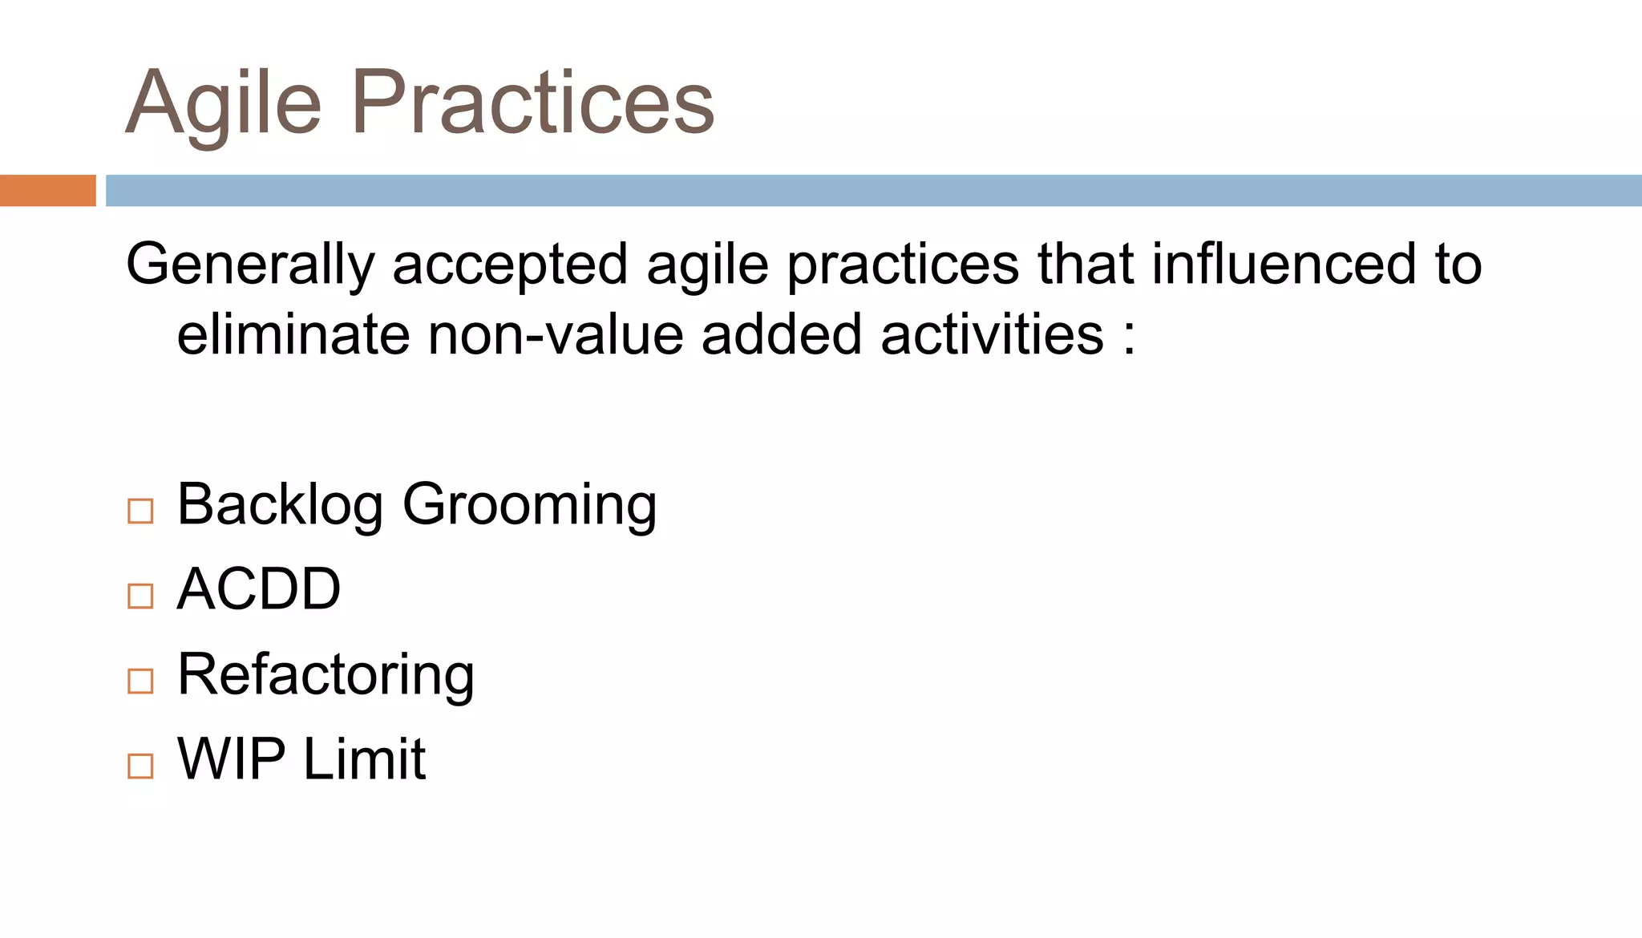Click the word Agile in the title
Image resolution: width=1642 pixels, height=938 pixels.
[x=224, y=104]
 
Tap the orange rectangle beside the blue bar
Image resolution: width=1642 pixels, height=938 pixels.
[x=47, y=191]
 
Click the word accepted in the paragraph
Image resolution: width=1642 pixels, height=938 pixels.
[x=510, y=265]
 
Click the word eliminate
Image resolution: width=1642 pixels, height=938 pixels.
[x=293, y=334]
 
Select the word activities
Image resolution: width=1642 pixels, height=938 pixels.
[x=992, y=334]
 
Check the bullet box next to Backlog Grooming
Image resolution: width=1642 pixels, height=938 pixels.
[x=140, y=511]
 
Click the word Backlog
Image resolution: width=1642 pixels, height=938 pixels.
[x=280, y=505]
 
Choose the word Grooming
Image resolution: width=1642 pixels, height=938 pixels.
[x=529, y=505]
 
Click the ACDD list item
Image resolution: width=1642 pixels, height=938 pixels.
[x=258, y=589]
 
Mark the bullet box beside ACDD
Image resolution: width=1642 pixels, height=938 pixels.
[x=140, y=596]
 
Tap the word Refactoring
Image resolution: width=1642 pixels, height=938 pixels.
[x=326, y=674]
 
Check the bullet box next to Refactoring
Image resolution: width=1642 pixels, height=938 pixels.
[x=140, y=681]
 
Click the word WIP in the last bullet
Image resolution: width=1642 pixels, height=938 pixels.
[x=231, y=758]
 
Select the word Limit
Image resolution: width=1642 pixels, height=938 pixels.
[x=364, y=758]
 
